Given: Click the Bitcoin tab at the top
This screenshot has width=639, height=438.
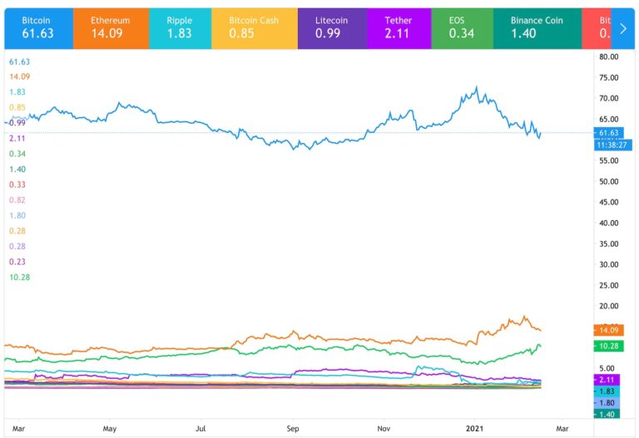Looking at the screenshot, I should (36, 27).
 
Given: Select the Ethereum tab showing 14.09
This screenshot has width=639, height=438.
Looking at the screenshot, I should (109, 27).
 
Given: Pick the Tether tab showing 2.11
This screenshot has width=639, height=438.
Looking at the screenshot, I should (399, 27).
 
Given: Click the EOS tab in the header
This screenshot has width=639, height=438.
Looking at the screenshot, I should (461, 27).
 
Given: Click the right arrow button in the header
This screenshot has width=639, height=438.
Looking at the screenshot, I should (623, 27).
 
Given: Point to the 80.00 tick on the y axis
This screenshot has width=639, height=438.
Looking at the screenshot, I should (609, 57).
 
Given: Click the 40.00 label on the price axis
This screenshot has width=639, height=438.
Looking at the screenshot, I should (609, 223).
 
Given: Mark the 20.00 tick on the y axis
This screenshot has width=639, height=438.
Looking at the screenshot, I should (609, 306).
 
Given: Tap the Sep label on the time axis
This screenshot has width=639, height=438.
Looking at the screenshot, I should (293, 429).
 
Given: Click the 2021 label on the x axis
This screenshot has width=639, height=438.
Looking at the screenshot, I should (473, 429).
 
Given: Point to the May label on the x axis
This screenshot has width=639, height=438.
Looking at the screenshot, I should (109, 429).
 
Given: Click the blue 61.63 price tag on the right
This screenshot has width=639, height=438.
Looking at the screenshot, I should (609, 132).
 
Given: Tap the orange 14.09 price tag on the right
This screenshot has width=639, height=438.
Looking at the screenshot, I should (609, 329).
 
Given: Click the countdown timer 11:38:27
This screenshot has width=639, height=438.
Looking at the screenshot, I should (609, 145).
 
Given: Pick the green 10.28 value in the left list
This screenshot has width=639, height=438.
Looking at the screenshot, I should (19, 277).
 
